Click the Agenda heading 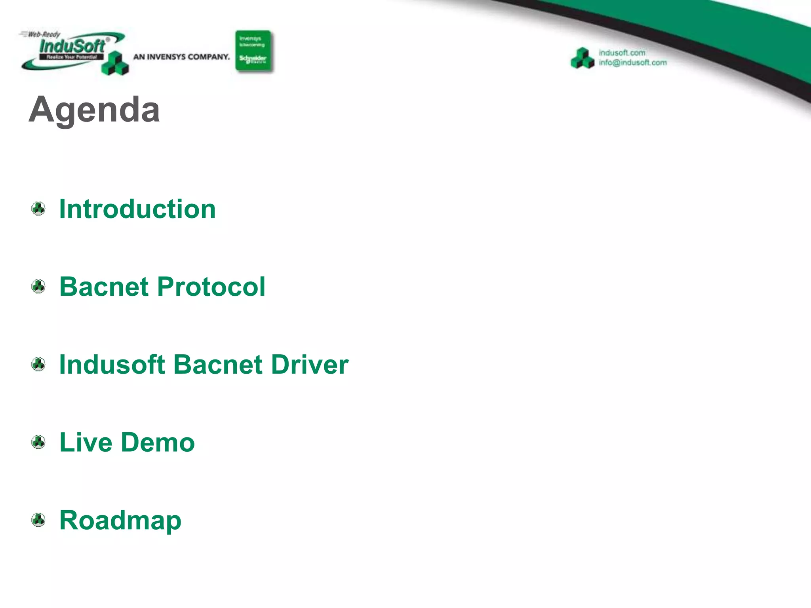point(94,109)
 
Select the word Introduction point(137,209)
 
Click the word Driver point(310,364)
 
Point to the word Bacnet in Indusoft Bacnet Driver point(218,364)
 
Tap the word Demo point(158,442)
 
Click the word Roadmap point(120,520)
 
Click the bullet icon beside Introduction point(38,209)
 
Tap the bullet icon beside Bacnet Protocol point(38,287)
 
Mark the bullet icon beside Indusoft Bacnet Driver point(38,364)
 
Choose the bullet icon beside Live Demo point(38,442)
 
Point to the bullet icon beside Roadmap point(38,520)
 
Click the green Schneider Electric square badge point(253,51)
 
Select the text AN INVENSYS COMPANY point(181,57)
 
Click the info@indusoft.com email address point(632,63)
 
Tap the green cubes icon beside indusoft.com point(583,58)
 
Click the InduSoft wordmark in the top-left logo point(72,46)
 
